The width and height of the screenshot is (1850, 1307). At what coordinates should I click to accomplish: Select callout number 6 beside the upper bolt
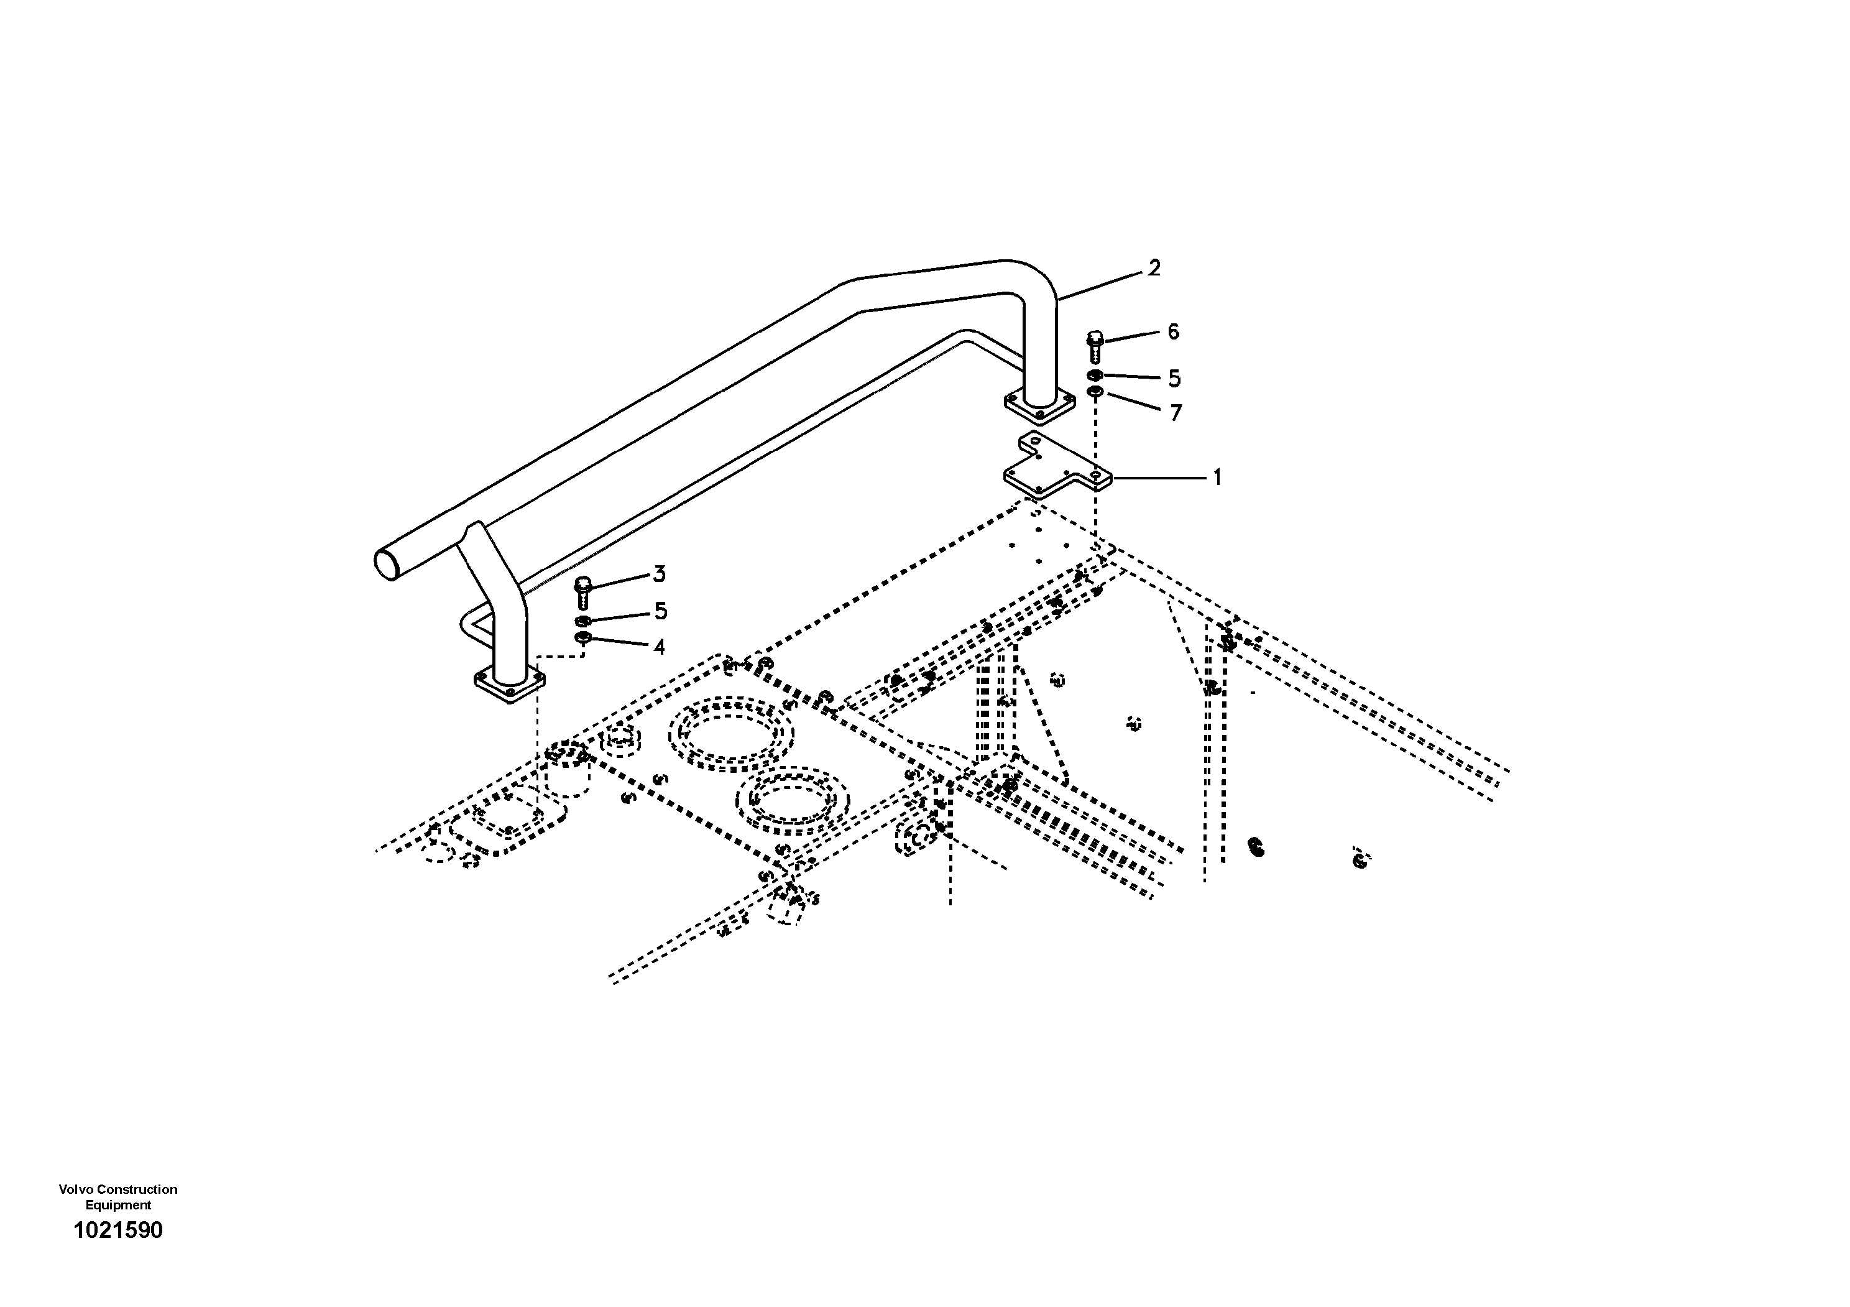[1173, 331]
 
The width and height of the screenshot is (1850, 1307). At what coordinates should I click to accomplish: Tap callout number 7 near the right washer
[1176, 413]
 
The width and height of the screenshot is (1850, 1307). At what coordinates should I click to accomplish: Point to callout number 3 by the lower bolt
[659, 575]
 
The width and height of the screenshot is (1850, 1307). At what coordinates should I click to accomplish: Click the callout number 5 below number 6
[1174, 378]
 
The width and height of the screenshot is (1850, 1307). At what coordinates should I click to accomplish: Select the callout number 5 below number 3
[661, 612]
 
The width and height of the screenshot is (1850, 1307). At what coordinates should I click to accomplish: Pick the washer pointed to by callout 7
[1094, 392]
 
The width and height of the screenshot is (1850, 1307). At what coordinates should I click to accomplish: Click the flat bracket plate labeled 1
[1056, 471]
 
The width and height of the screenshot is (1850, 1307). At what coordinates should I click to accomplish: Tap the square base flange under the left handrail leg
[509, 686]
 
